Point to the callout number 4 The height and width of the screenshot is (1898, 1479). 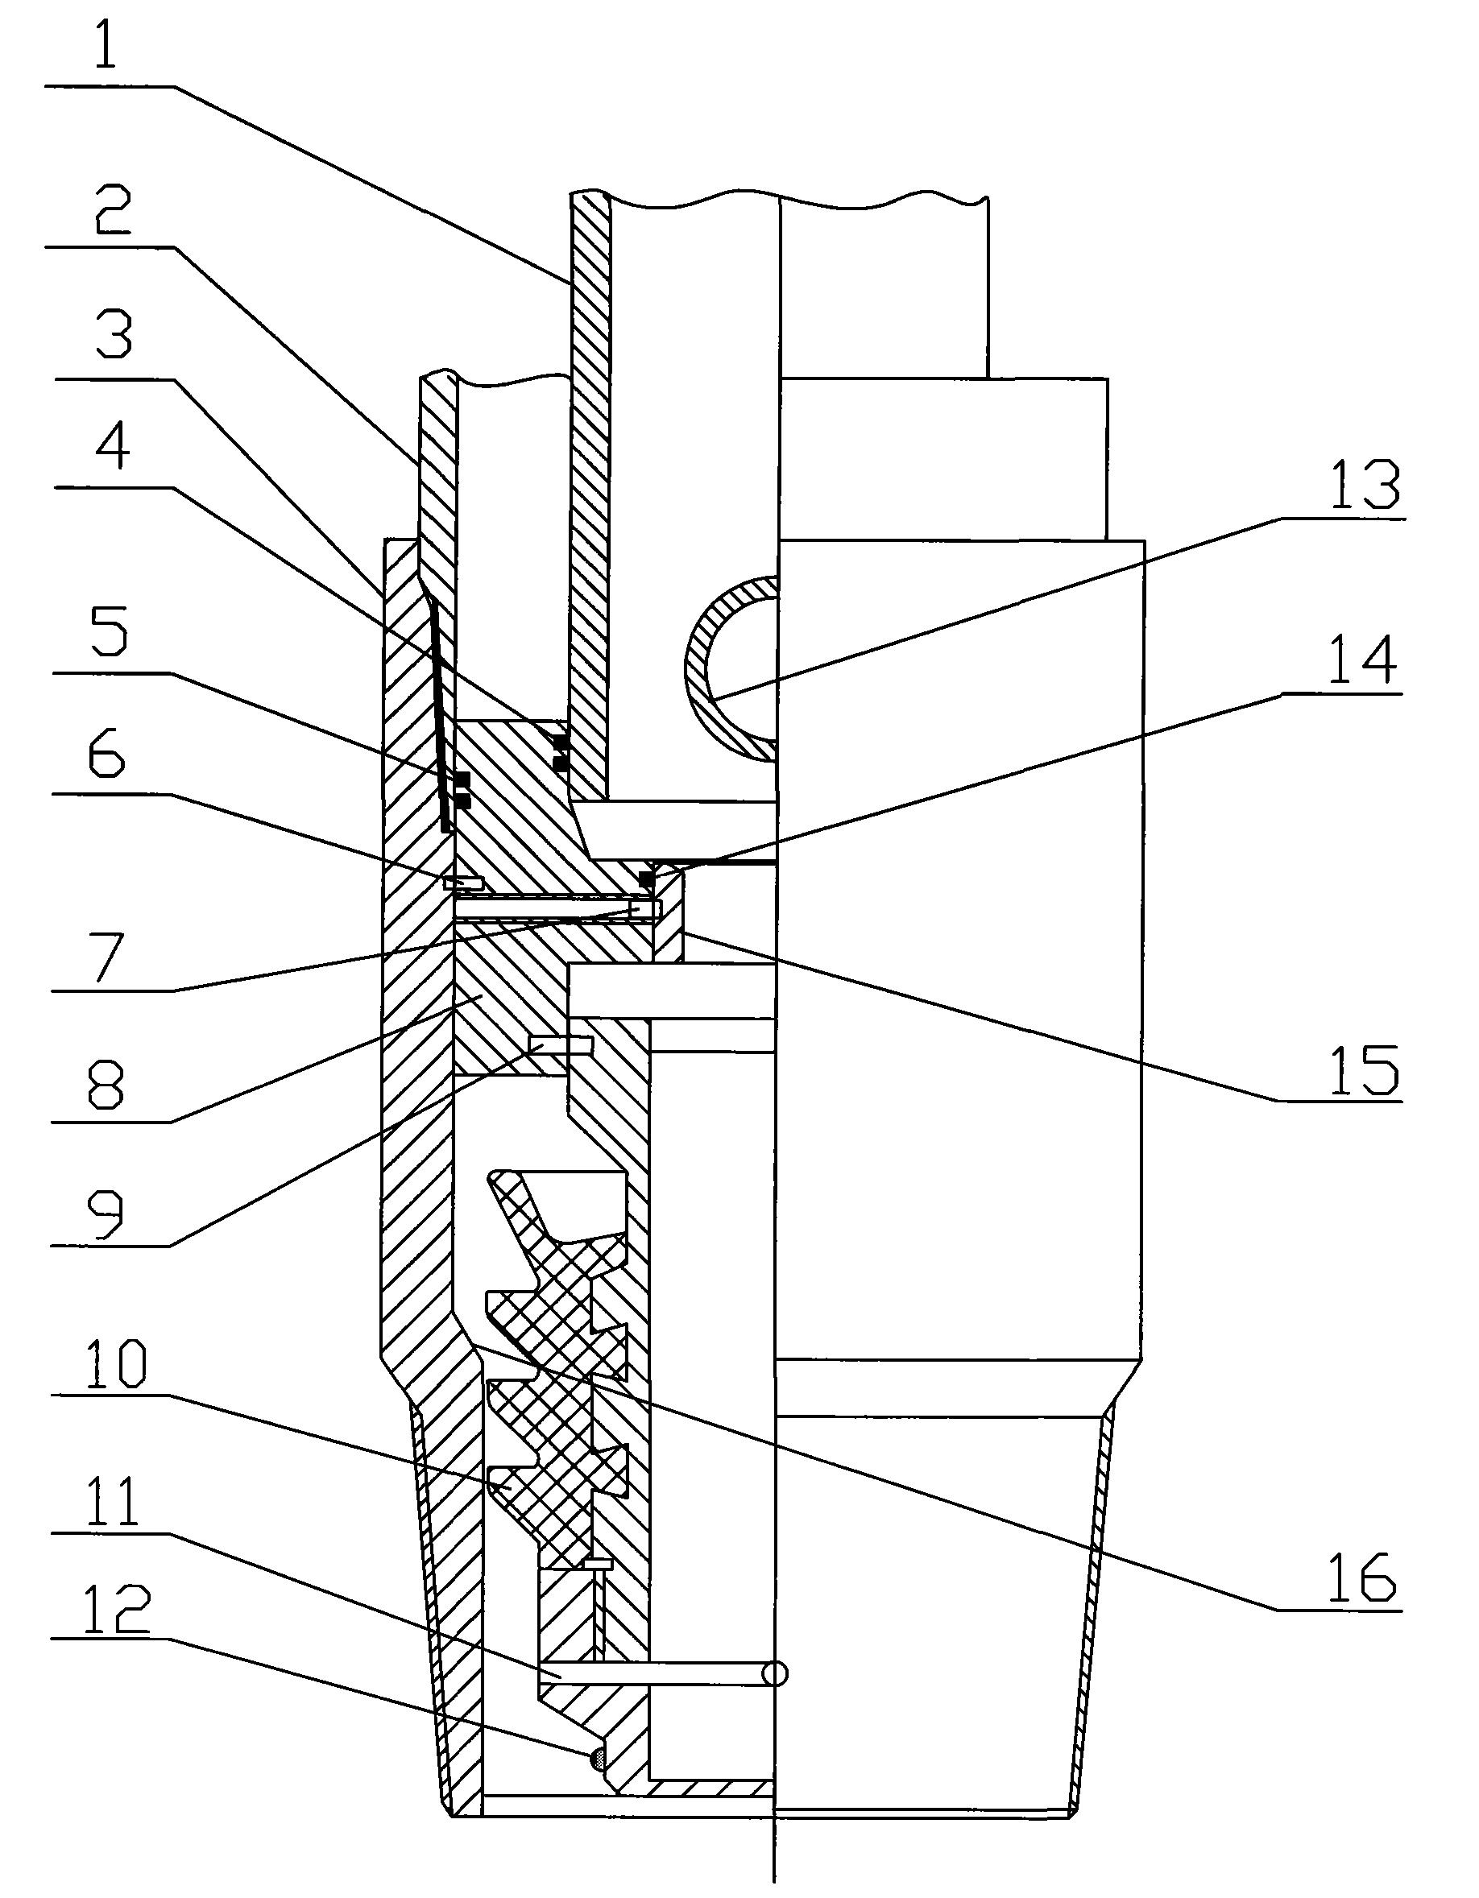[x=112, y=448]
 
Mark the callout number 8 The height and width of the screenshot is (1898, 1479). [x=107, y=1086]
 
